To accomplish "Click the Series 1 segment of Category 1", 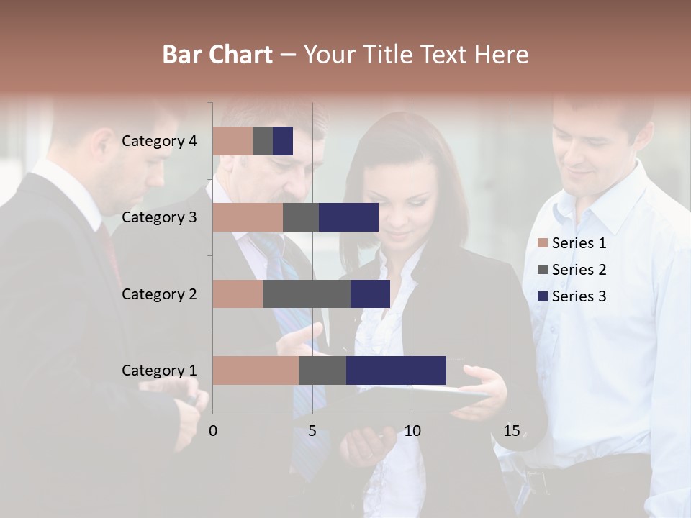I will coord(256,371).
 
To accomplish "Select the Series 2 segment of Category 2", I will coord(307,294).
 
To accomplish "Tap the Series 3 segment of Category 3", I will coord(348,217).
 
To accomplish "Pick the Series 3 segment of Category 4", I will coord(283,141).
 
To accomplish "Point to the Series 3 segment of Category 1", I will coord(396,371).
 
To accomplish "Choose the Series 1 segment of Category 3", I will coord(248,217).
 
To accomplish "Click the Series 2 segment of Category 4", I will coord(263,141).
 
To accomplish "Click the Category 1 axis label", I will coord(159,371).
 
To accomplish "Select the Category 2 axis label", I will coord(159,294).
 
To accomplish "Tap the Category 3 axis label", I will coord(159,217).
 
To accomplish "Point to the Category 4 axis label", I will coord(159,141).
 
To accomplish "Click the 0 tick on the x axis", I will coord(212,432).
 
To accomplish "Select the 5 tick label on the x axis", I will coord(312,432).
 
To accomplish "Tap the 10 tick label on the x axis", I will coord(412,432).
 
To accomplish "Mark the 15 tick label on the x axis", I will coord(512,432).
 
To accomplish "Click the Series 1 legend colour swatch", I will coord(543,243).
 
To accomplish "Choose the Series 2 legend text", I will coord(579,270).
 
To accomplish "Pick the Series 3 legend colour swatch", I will coord(543,296).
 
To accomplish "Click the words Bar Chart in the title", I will coord(217,55).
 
